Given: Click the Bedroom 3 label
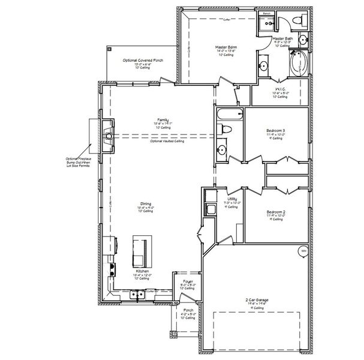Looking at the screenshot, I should click(275, 131).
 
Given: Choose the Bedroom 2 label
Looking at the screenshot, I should click(275, 212).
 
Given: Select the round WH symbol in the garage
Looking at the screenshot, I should click(303, 250).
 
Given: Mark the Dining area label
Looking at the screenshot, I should click(146, 205).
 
